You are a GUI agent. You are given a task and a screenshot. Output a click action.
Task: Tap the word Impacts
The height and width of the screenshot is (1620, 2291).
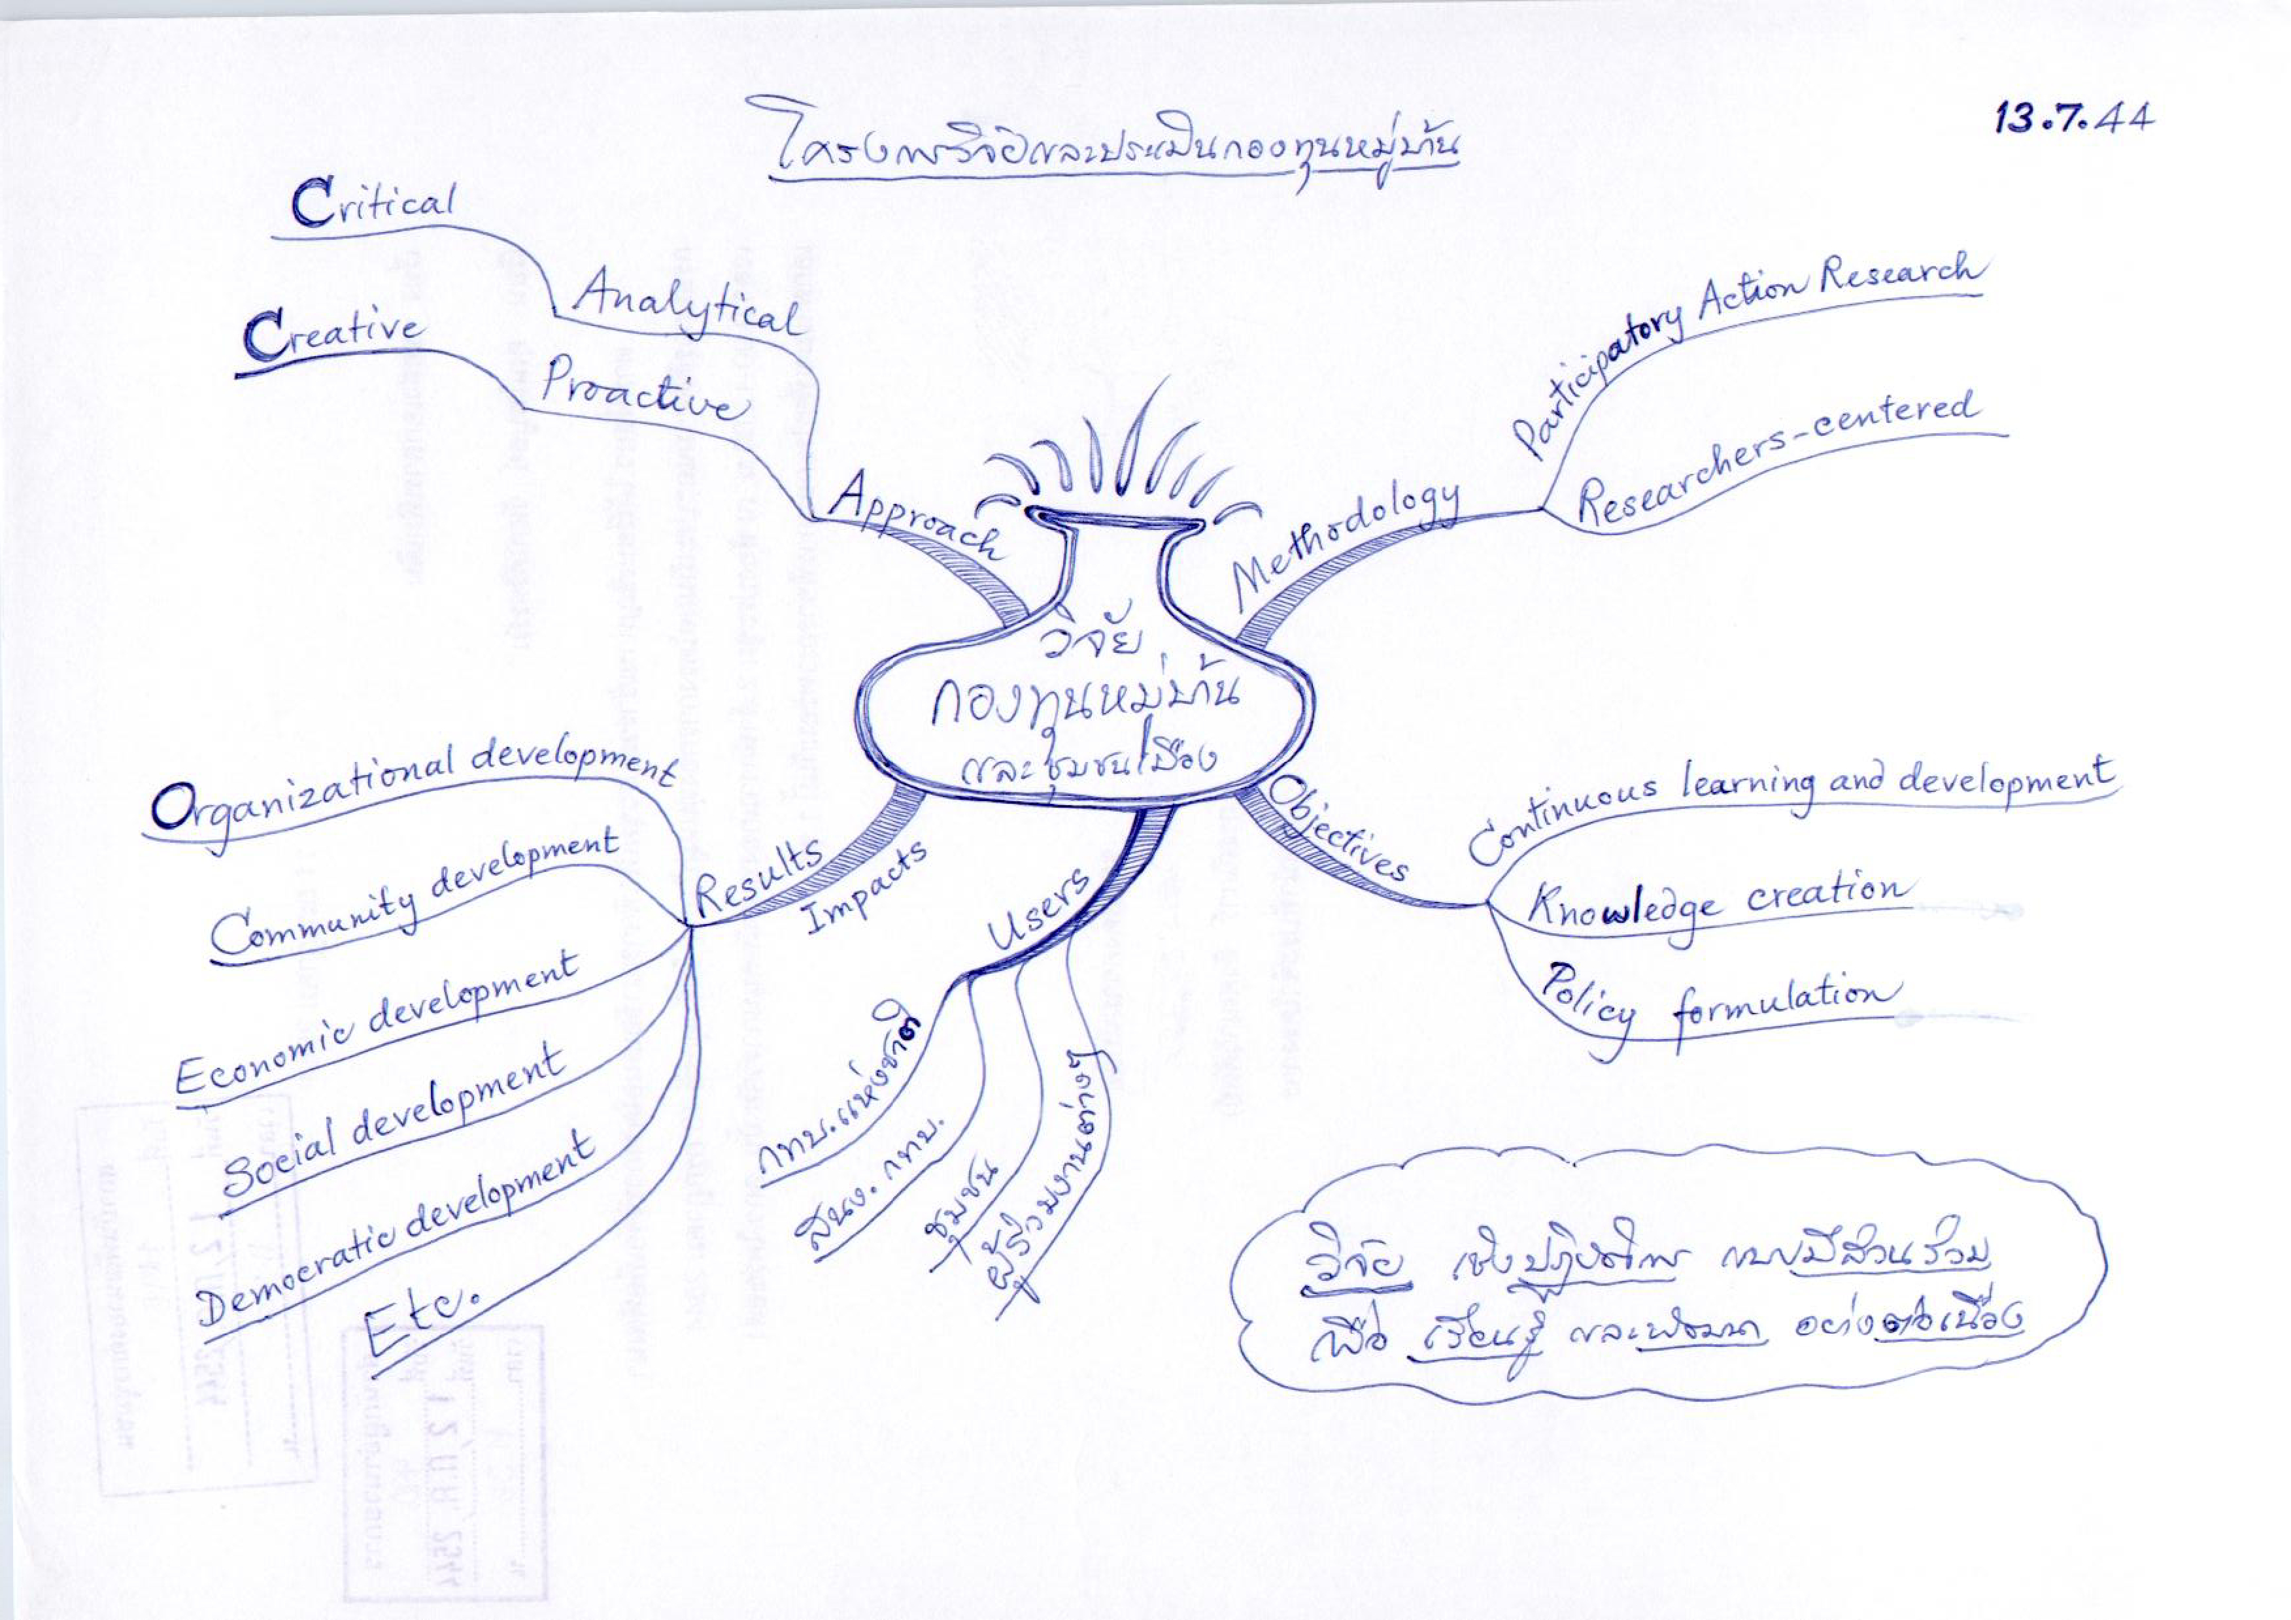pos(864,887)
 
